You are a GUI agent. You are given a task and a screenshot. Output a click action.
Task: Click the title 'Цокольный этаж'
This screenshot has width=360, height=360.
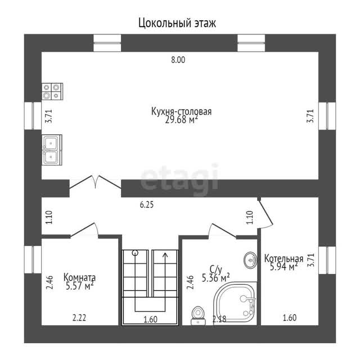click(177, 23)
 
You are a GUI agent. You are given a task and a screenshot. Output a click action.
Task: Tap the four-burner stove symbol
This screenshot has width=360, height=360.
click(52, 91)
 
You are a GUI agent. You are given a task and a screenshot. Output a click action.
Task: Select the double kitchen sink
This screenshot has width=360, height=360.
click(52, 150)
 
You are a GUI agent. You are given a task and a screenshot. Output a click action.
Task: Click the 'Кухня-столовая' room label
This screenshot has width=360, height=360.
click(181, 111)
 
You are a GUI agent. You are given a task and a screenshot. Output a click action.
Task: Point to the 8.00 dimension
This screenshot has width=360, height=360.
click(178, 60)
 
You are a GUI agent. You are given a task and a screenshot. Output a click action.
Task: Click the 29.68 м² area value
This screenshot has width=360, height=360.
click(181, 120)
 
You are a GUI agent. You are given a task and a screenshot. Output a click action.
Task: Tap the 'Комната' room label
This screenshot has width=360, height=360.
click(79, 277)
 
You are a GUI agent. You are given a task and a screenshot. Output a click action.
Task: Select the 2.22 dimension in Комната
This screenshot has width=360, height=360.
click(79, 318)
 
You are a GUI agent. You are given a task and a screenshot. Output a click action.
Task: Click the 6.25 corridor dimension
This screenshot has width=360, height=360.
click(147, 205)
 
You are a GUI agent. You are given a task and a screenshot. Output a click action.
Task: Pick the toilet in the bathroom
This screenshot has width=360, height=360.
click(198, 316)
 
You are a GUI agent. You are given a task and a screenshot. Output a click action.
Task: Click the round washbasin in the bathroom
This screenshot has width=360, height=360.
click(250, 260)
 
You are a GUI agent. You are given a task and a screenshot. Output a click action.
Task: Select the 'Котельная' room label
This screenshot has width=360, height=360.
click(283, 259)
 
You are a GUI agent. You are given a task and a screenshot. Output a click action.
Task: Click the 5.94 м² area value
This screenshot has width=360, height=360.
click(283, 267)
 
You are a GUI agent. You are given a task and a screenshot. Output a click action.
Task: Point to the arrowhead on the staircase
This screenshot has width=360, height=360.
click(165, 255)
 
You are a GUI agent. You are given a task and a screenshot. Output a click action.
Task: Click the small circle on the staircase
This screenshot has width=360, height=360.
click(135, 253)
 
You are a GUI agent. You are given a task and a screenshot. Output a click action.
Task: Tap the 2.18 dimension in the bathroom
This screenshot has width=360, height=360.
click(219, 319)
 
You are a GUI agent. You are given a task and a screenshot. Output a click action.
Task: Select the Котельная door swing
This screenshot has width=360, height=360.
click(265, 214)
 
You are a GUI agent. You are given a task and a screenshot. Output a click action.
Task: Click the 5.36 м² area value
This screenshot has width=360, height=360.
click(216, 278)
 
